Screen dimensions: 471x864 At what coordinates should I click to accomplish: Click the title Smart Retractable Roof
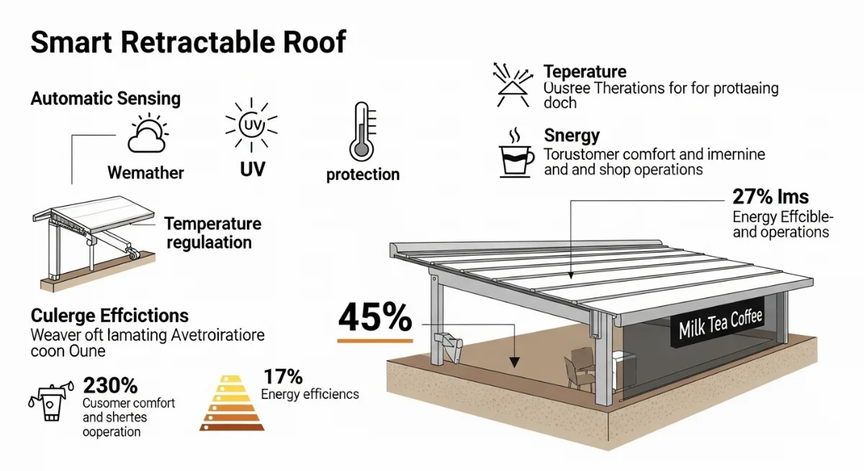pyautogui.click(x=188, y=42)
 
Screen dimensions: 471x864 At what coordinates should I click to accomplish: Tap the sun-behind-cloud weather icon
pyautogui.click(x=146, y=135)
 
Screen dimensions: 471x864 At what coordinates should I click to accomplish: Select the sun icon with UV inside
pyautogui.click(x=251, y=127)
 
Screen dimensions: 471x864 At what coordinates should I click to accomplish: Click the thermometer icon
pyautogui.click(x=362, y=132)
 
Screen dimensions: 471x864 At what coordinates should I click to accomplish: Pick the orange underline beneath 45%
pyautogui.click(x=375, y=338)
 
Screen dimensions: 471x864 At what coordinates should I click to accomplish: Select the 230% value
pyautogui.click(x=110, y=385)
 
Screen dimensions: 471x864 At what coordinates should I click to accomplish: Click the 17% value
pyautogui.click(x=283, y=377)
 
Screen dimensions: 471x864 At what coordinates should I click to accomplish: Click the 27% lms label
pyautogui.click(x=770, y=197)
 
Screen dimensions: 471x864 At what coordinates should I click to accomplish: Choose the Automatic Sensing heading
pyautogui.click(x=105, y=99)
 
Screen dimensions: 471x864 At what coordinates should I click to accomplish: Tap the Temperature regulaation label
pyautogui.click(x=212, y=233)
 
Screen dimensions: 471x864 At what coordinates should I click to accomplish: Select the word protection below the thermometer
pyautogui.click(x=362, y=174)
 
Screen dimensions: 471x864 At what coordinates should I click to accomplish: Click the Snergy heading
pyautogui.click(x=572, y=135)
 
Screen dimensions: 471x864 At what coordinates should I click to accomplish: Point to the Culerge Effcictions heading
pyautogui.click(x=109, y=315)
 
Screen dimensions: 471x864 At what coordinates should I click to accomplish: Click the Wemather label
pyautogui.click(x=145, y=173)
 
